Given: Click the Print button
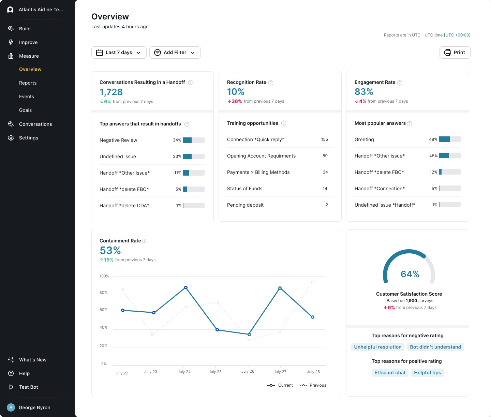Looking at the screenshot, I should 455,53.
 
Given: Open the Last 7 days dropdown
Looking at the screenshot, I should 119,53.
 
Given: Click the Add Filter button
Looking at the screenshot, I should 175,53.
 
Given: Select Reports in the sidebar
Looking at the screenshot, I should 28,83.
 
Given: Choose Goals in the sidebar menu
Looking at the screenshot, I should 25,110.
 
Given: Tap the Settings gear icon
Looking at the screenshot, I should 11,138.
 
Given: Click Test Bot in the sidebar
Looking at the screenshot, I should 28,387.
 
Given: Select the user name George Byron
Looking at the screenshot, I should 34,407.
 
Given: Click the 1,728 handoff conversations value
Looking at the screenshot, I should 111,92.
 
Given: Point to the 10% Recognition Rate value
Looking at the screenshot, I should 236,92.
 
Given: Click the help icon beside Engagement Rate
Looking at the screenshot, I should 400,83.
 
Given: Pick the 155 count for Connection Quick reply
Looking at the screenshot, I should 324,139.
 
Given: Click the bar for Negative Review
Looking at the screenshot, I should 193,140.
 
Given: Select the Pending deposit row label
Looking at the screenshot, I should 245,205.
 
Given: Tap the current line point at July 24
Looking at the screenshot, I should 186,287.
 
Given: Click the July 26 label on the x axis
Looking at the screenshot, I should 248,371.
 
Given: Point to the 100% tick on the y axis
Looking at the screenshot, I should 104,276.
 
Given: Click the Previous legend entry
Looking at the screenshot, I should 313,385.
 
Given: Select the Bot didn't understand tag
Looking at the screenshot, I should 435,347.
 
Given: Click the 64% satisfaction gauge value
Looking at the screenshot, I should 410,274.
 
